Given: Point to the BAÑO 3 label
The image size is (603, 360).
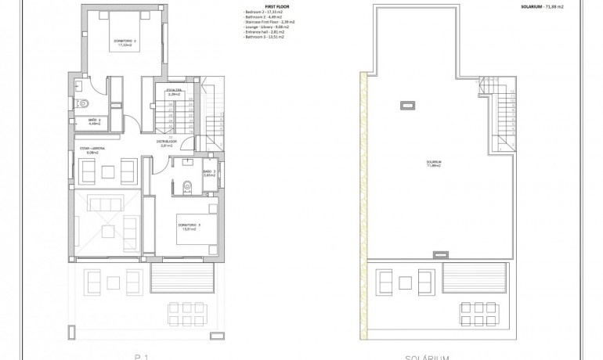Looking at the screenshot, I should [208, 173].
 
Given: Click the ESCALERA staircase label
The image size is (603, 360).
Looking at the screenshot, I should [174, 92].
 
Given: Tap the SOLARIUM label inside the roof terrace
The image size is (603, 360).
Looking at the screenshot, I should [434, 164].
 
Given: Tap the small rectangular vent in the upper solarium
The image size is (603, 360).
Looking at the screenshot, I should [408, 103].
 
